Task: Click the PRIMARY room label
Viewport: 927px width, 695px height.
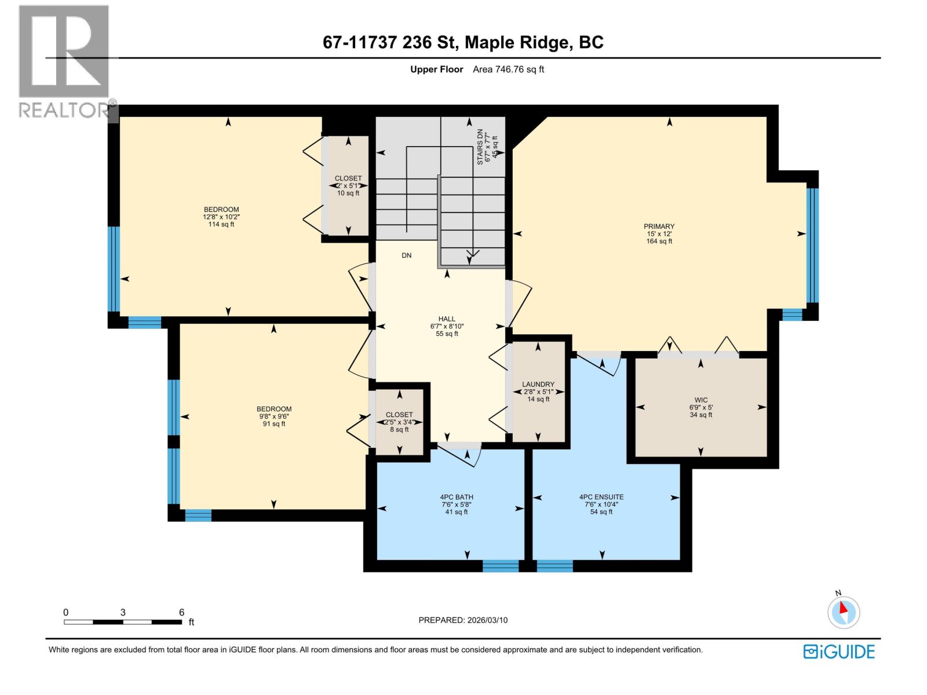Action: point(659,226)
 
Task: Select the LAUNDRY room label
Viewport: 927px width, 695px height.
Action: point(538,384)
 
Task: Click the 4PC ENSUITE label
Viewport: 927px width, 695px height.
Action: point(601,497)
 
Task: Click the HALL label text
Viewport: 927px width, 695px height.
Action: point(447,319)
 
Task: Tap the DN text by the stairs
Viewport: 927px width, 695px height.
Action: point(407,255)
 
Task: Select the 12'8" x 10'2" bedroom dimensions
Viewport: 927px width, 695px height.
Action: point(221,217)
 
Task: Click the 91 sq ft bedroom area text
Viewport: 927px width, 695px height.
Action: point(273,424)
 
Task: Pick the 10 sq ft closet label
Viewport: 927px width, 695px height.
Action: point(348,193)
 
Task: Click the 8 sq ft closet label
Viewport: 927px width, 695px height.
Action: point(399,429)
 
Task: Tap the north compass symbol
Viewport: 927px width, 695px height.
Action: point(844,612)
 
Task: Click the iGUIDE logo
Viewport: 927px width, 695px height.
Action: point(839,652)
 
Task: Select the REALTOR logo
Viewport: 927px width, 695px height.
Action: point(64,61)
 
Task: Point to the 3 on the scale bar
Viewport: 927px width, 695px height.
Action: point(123,612)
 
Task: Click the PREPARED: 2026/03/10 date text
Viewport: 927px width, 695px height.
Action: point(463,620)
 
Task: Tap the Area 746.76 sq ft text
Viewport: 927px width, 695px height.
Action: point(508,69)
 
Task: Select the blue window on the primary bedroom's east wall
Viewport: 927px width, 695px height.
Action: point(812,246)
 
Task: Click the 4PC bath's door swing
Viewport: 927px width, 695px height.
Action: point(463,455)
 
